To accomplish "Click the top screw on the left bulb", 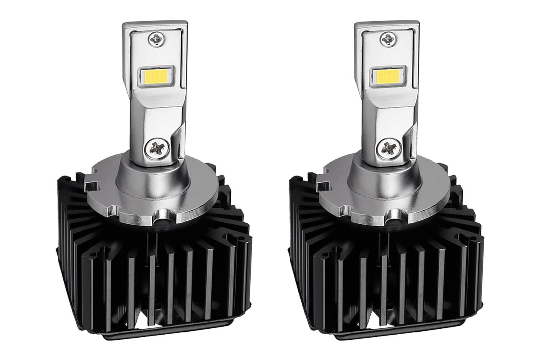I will [156, 39].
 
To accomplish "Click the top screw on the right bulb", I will [388, 39].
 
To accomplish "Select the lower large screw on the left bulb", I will [157, 148].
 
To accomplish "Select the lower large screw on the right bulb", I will [389, 148].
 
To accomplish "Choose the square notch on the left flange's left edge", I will [91, 186].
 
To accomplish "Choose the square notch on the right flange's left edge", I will [323, 186].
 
